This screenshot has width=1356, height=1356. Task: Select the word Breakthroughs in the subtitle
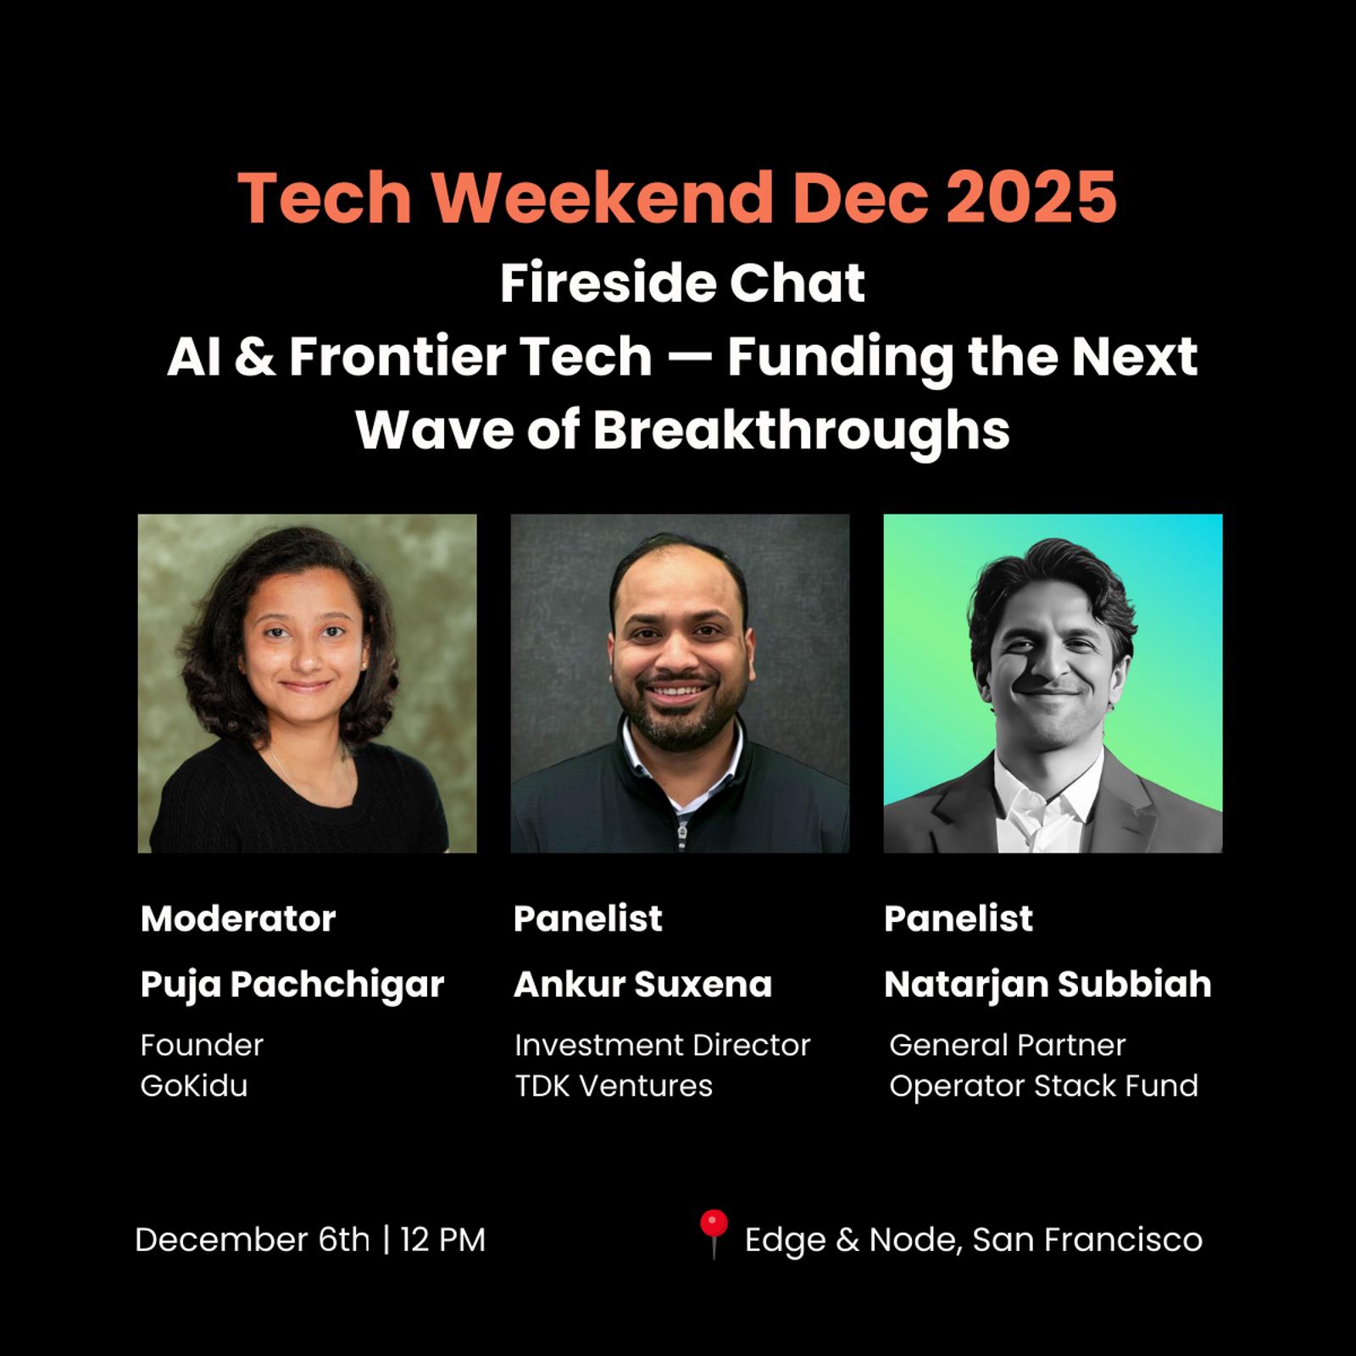point(801,430)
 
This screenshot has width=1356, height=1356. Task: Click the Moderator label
point(238,919)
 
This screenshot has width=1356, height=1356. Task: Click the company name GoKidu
point(194,1086)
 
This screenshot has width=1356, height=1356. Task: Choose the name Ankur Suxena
point(642,985)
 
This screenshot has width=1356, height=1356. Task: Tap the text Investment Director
point(663,1045)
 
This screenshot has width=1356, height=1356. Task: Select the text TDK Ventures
point(614,1086)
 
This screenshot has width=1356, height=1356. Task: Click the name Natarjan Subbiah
point(1048,985)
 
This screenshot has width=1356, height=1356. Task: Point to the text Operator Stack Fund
point(1044,1086)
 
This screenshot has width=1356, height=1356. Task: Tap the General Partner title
point(1008,1045)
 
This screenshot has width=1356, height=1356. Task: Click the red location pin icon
point(714,1233)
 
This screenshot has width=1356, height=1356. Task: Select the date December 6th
point(253,1240)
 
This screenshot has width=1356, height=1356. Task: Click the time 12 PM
point(443,1240)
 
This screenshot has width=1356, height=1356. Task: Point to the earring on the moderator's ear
point(364,666)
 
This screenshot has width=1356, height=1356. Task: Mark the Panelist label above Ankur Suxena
point(588,919)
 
